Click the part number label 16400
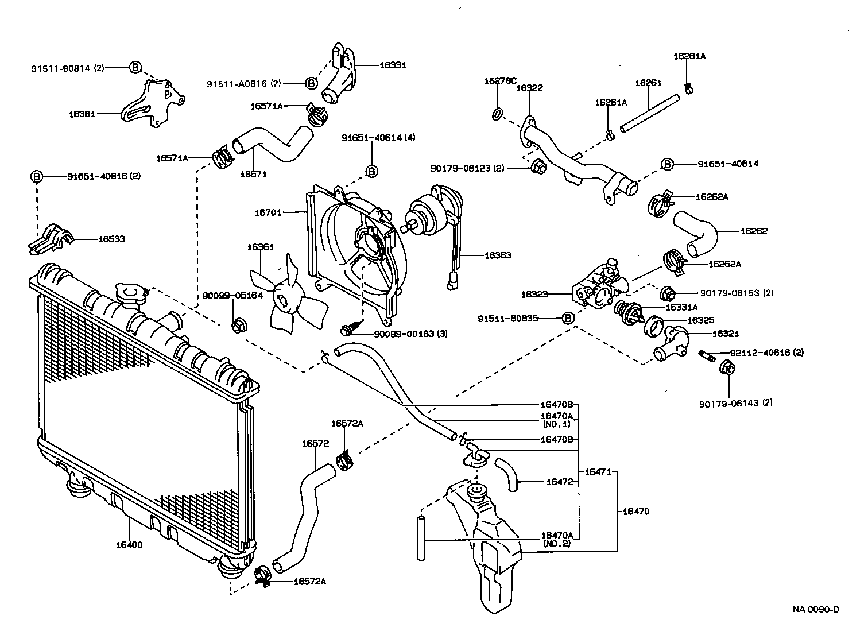tap(130, 545)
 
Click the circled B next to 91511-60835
tap(567, 318)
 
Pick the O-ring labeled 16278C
tap(498, 114)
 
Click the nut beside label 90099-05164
tap(237, 324)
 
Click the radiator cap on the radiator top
tap(130, 294)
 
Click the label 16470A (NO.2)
tap(556, 539)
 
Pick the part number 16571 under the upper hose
tap(253, 174)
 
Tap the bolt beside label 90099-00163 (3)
tap(347, 329)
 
